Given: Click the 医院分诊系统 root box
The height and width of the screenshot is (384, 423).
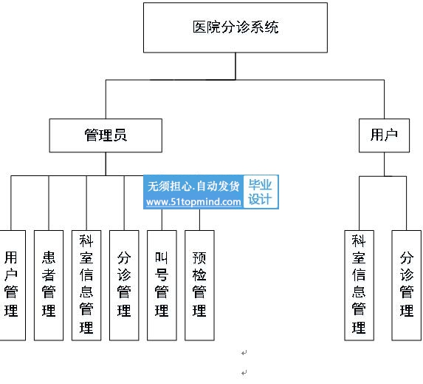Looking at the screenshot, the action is [x=235, y=27].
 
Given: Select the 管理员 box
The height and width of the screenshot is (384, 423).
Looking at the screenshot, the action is [x=106, y=135].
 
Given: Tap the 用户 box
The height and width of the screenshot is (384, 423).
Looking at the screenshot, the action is [x=384, y=135].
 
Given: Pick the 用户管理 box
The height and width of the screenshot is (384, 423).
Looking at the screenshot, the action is [x=13, y=286].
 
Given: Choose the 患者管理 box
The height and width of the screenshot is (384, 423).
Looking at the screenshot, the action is [x=49, y=286].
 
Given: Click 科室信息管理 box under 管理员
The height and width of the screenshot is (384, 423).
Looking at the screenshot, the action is [x=86, y=286].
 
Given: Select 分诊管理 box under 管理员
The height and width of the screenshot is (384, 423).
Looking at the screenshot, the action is [x=124, y=286].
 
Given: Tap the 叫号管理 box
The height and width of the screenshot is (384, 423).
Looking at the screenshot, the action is [x=162, y=286].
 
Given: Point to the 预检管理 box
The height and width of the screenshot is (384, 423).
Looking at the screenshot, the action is [x=199, y=286].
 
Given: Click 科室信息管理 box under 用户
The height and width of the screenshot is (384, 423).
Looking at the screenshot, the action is [x=359, y=286].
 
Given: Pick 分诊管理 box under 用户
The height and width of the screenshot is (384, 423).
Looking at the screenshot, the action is [x=407, y=286].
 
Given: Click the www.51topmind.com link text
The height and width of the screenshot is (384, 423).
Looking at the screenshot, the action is [x=193, y=202].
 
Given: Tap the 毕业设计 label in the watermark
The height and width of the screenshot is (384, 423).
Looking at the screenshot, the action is [x=260, y=192].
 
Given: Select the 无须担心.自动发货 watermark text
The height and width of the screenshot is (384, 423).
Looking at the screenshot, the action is [x=193, y=186].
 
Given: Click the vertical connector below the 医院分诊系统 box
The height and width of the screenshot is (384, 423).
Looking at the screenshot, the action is [x=235, y=67].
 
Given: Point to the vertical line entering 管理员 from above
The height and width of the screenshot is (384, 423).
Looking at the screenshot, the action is [x=106, y=99].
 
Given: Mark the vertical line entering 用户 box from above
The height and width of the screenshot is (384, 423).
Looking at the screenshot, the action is [x=384, y=99].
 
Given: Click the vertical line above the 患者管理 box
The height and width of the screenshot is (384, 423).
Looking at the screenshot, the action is [x=49, y=203].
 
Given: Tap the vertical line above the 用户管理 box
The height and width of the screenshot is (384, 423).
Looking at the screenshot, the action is [x=11, y=203].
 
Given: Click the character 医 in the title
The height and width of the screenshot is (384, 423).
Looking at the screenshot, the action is [x=199, y=27].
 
